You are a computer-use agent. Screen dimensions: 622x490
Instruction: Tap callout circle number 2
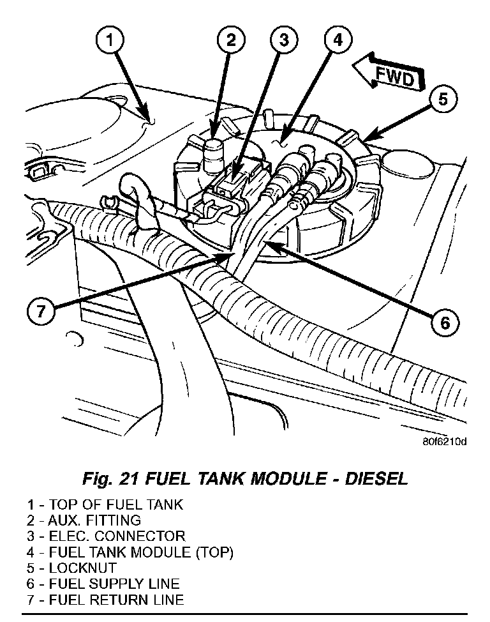tap(231, 42)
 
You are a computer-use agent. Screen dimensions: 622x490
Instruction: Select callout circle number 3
tap(283, 42)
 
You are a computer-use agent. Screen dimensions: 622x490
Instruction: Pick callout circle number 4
tap(338, 42)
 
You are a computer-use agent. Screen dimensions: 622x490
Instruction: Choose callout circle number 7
tap(40, 312)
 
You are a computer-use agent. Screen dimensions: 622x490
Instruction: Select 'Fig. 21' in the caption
tap(112, 478)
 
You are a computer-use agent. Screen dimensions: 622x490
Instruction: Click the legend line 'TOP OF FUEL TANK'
tap(115, 504)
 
